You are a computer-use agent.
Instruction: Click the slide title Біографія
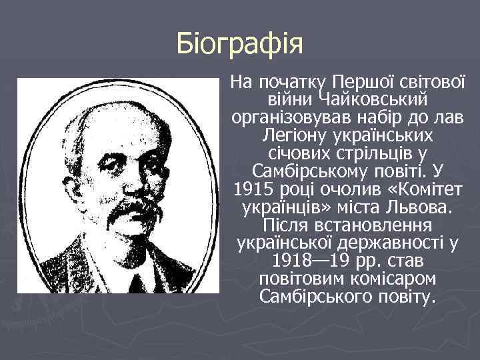[240, 45]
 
